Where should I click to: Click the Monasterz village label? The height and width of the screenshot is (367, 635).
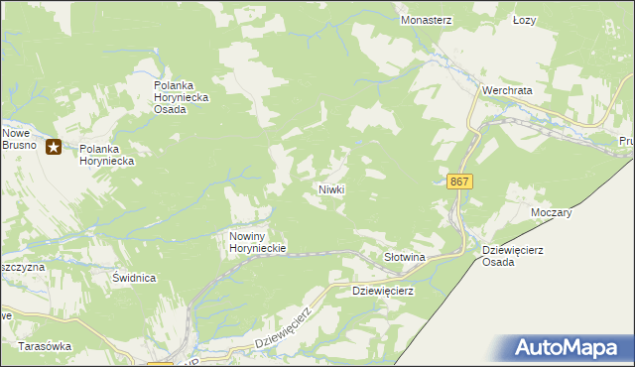pyautogui.click(x=427, y=20)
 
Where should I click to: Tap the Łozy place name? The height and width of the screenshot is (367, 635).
pyautogui.click(x=525, y=20)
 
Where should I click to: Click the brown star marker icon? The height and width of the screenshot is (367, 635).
pyautogui.click(x=54, y=149)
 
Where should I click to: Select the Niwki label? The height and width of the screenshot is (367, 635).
pyautogui.click(x=331, y=188)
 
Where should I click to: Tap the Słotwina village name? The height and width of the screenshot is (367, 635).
pyautogui.click(x=404, y=257)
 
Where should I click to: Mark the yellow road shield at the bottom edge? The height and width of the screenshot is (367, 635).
pyautogui.click(x=160, y=364)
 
